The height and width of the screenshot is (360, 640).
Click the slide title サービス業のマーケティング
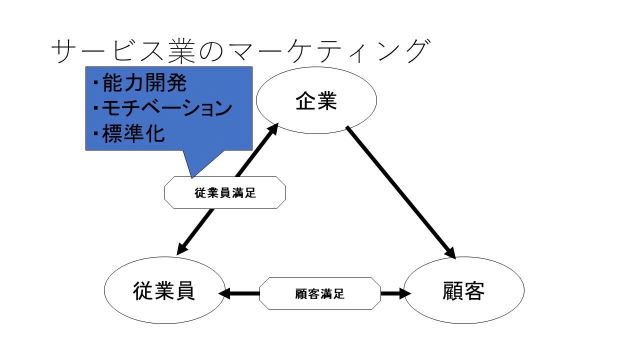tap(240, 51)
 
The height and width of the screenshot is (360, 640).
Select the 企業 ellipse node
tap(316, 100)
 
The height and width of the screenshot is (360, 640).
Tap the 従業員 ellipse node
tap(164, 290)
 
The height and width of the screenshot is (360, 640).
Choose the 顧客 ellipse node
tap(463, 290)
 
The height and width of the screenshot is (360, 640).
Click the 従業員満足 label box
tap(225, 192)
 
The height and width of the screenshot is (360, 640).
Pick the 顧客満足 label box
tap(320, 293)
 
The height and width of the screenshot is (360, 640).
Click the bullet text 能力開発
tap(144, 82)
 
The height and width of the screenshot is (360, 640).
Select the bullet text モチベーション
tap(167, 108)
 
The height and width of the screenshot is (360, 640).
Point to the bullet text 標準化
tap(133, 133)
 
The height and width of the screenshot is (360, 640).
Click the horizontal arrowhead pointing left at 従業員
tap(224, 293)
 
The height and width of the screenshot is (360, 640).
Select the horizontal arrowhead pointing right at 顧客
tap(405, 293)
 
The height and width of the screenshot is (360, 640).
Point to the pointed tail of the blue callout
tap(192, 177)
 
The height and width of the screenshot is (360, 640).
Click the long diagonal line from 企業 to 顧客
tap(401, 192)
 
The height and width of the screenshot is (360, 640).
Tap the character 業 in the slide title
tap(181, 51)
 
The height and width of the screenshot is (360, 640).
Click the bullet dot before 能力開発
tap(95, 83)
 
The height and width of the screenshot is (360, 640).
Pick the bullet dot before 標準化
tap(95, 133)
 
